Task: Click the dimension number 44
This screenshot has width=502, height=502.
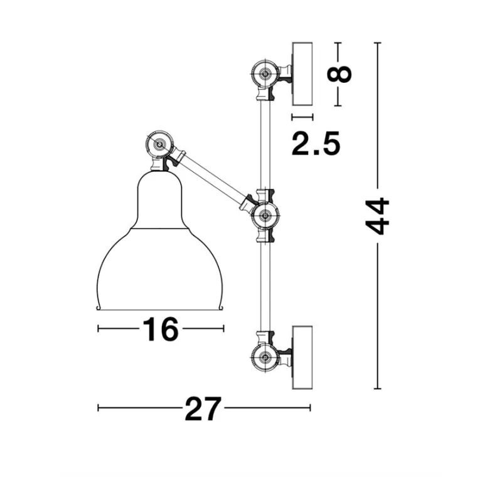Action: pyautogui.click(x=378, y=216)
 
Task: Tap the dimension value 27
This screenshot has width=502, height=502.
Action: pyautogui.click(x=203, y=409)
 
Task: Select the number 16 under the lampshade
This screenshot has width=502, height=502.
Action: pyautogui.click(x=160, y=329)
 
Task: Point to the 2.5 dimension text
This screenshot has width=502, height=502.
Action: pyautogui.click(x=316, y=144)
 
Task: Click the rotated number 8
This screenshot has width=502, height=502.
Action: pyautogui.click(x=339, y=74)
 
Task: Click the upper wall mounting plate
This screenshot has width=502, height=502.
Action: pyautogui.click(x=302, y=74)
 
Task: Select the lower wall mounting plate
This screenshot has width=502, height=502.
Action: pyautogui.click(x=302, y=357)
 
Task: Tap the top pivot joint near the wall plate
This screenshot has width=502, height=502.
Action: pyautogui.click(x=265, y=74)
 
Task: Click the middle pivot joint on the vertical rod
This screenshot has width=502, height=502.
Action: pyautogui.click(x=265, y=216)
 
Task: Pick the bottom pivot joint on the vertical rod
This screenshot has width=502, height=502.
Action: pyautogui.click(x=265, y=357)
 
